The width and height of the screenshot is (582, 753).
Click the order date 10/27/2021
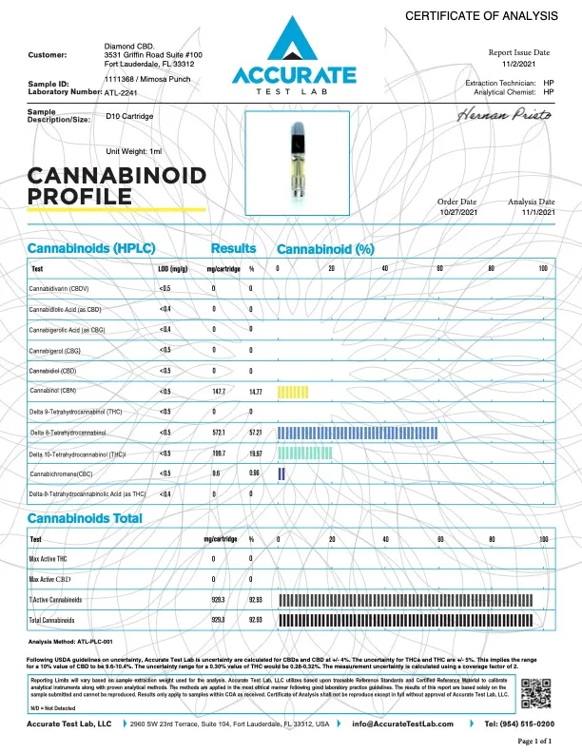(456, 212)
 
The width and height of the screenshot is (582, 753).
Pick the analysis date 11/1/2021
(531, 212)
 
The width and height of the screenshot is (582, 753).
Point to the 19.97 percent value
(255, 454)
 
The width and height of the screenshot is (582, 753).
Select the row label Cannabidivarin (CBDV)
(60, 288)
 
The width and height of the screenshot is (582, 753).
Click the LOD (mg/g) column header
(170, 269)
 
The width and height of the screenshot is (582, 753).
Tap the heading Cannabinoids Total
(86, 518)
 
